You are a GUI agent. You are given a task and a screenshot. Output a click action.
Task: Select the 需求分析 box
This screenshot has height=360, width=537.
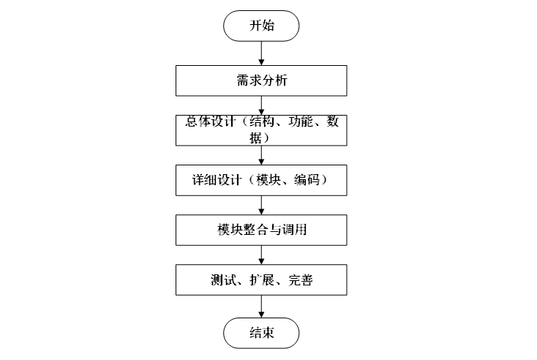coord(262,80)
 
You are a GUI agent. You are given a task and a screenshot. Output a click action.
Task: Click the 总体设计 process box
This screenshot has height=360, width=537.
coord(262,130)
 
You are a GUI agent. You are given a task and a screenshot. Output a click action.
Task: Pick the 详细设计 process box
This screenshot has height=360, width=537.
coord(262,180)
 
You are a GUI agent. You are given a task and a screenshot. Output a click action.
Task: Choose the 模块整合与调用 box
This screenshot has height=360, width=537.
coord(262,230)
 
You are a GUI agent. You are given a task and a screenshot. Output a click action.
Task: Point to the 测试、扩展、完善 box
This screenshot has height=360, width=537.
coord(262,279)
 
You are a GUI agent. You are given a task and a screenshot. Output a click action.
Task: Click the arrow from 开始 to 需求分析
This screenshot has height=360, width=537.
coord(262,53)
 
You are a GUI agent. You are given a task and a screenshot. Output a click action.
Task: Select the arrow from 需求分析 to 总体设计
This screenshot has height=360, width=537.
coord(262,105)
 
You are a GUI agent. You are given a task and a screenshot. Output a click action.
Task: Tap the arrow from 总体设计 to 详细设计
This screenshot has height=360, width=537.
coord(262,155)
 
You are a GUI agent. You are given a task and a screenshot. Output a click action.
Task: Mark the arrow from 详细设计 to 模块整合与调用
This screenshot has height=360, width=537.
coord(262,205)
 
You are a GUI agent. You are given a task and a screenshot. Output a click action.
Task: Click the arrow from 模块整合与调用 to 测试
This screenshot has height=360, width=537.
coord(262,255)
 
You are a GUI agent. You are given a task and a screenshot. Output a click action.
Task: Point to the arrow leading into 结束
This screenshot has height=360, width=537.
coord(262,305)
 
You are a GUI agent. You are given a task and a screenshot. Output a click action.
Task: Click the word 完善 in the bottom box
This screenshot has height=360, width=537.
coord(301,280)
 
